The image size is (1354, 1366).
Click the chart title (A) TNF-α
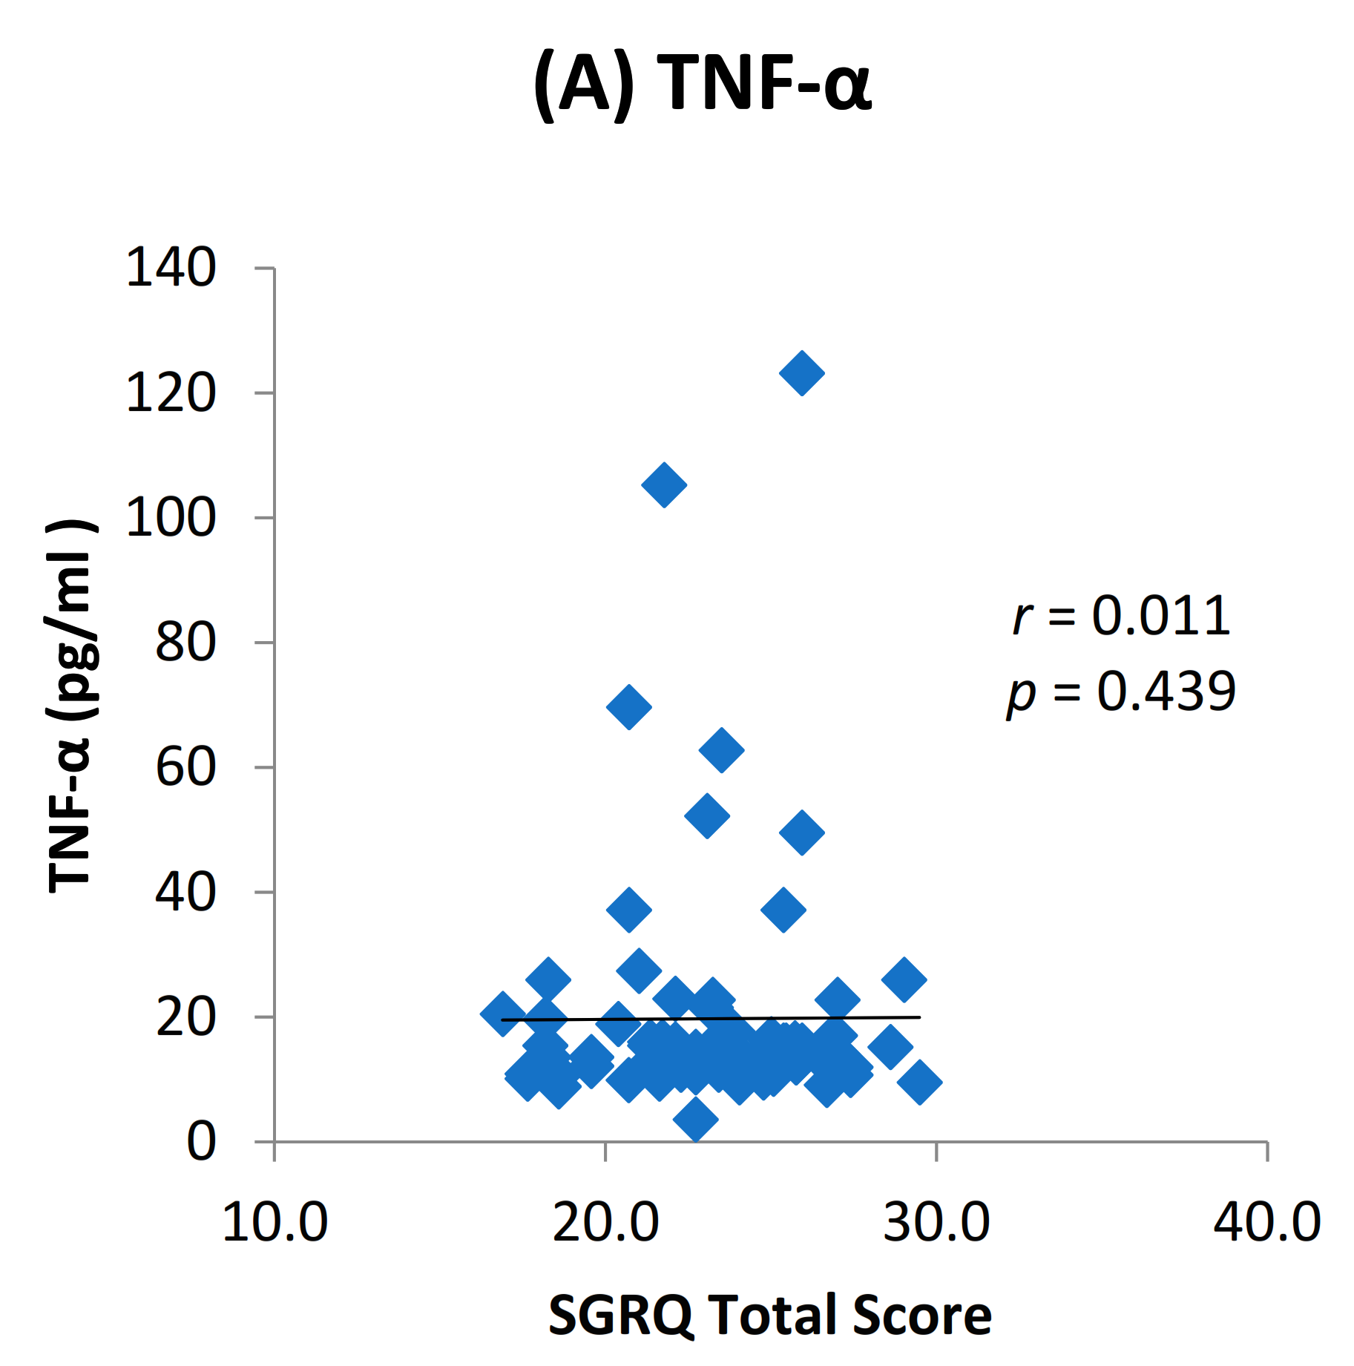pos(702,82)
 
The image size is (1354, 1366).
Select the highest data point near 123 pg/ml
pos(802,372)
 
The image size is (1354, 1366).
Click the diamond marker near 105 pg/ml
pos(664,485)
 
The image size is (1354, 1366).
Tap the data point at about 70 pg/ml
pos(629,706)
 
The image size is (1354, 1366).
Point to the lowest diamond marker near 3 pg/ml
pos(696,1118)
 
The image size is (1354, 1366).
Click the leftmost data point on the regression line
pos(502,1014)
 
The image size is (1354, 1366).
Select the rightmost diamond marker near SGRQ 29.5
pos(920,1082)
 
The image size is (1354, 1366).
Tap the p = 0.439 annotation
pos(1121,692)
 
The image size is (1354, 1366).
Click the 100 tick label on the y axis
pos(171,517)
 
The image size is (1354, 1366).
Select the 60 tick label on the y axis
pos(185,767)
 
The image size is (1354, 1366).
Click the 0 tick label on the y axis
pos(200,1141)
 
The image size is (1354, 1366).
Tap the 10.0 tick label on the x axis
pos(275,1222)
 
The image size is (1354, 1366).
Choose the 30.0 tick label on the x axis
pos(936,1222)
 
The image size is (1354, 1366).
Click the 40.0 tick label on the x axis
pos(1266,1222)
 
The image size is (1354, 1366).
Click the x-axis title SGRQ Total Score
pos(769,1315)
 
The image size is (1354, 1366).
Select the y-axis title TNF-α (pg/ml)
pos(70,705)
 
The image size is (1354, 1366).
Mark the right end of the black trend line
pos(919,1017)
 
